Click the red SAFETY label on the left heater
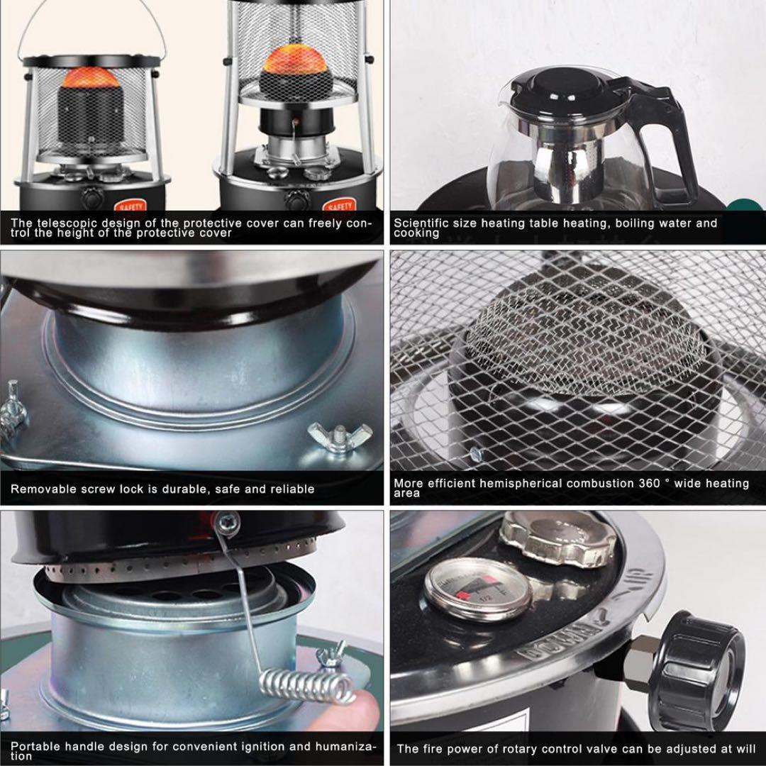coord(131,206)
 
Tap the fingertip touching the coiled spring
coord(333,713)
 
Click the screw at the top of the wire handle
coord(227,523)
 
